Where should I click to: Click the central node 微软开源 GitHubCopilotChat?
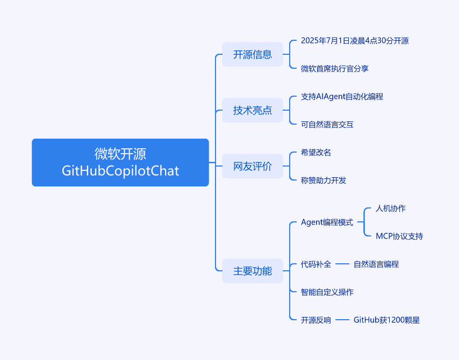point(120,162)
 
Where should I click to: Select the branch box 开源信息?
point(252,54)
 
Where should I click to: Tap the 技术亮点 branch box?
point(252,110)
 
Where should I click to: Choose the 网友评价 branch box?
point(252,166)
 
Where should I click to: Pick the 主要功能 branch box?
point(252,271)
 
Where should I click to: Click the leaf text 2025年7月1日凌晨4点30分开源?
point(355,41)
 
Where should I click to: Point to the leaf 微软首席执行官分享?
point(335,68)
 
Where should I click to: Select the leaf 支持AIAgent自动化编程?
point(342,97)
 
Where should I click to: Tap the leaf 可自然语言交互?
point(327,125)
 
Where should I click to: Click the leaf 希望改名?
point(316,153)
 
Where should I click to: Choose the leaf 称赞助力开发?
point(324,181)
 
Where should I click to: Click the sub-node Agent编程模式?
point(327,222)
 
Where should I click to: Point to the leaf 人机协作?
point(391,208)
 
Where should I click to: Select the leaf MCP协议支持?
point(399,236)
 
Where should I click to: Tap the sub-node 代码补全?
point(316,264)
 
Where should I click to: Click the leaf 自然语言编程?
point(376,264)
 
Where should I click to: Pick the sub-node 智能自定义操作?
point(327,292)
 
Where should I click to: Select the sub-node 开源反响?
point(316,320)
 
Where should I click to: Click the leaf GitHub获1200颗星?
point(386,320)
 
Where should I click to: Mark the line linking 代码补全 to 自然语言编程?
point(342,264)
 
